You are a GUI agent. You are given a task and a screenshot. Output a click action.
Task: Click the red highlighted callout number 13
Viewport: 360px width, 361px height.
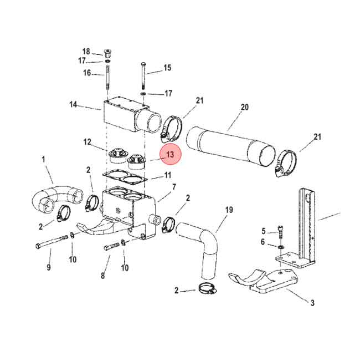pos(170,155)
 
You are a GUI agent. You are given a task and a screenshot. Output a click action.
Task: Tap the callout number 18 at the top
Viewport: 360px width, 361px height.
pos(86,52)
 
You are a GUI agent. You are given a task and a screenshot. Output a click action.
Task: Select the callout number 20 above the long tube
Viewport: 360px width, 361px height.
pos(244,106)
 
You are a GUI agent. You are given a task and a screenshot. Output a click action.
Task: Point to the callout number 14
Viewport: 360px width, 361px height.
pos(73,104)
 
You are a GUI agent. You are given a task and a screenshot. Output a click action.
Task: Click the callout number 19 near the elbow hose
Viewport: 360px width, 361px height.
pos(229,210)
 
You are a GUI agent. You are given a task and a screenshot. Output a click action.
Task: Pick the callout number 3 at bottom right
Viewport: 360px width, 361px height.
pos(312,303)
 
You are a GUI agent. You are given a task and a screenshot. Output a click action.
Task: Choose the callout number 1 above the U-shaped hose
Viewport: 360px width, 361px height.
pos(43,160)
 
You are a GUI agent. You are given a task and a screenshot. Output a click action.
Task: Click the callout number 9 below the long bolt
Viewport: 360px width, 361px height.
pos(49,267)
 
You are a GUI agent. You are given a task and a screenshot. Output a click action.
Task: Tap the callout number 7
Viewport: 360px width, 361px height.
pos(173,187)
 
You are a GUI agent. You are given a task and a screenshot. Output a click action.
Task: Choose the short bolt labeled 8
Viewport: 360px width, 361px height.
pos(111,247)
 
